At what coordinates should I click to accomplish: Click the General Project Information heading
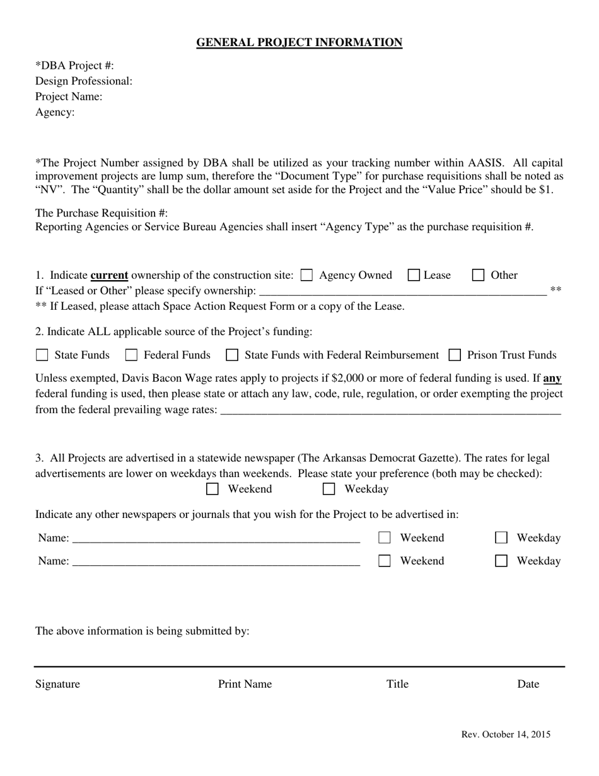click(x=299, y=42)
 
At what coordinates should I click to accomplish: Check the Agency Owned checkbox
click(x=306, y=275)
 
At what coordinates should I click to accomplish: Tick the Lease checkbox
click(x=414, y=275)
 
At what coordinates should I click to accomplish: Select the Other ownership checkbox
click(x=479, y=275)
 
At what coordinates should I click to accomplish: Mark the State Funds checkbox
click(x=42, y=355)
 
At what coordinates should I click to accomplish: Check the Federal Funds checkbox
click(x=131, y=355)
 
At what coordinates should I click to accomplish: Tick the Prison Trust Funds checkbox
click(x=455, y=355)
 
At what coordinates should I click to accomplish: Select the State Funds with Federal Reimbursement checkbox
click(x=232, y=355)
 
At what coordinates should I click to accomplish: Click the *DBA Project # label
click(x=74, y=66)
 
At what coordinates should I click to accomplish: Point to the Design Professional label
click(x=84, y=81)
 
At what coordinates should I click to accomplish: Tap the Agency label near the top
click(x=55, y=112)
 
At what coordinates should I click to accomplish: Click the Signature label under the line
click(x=57, y=684)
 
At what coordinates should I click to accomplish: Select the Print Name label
click(x=245, y=684)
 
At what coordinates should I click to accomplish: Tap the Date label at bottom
click(x=528, y=684)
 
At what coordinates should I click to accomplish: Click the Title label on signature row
click(x=397, y=684)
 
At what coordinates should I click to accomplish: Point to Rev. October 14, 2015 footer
click(x=506, y=734)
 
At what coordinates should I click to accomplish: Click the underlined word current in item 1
click(x=109, y=275)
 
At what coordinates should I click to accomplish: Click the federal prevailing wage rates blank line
click(x=391, y=411)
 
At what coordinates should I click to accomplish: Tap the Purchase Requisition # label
click(x=102, y=213)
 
